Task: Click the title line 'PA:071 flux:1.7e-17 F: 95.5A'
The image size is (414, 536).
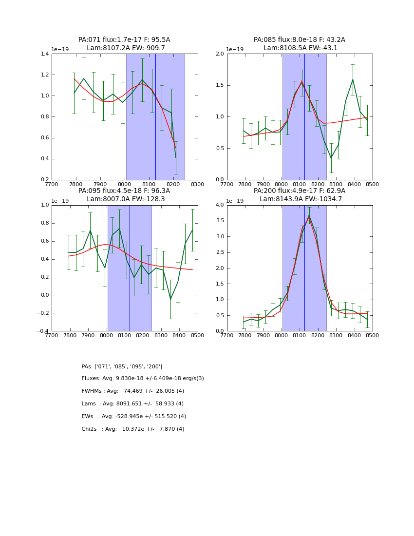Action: tap(124, 40)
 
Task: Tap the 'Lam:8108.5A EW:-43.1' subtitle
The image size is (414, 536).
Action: tap(300, 48)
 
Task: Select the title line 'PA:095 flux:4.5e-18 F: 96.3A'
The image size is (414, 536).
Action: tap(124, 191)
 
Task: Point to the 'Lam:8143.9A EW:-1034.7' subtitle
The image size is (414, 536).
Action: tap(300, 199)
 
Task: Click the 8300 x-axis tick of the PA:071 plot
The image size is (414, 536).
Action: tap(197, 184)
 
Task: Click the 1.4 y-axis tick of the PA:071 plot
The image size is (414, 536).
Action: tap(44, 54)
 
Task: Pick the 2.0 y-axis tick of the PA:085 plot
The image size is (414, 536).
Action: tap(219, 54)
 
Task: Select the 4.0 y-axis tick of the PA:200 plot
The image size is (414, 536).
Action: tap(219, 205)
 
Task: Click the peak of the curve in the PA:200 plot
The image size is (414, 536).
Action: tap(309, 215)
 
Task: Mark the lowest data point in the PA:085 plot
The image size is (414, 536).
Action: tap(331, 158)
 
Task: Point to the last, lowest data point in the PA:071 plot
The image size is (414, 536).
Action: tap(176, 157)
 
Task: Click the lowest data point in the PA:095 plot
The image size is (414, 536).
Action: tap(170, 299)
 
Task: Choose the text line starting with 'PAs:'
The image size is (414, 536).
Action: tap(122, 366)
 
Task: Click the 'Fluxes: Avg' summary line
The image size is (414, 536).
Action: tap(143, 379)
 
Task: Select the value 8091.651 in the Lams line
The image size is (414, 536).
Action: tap(136, 404)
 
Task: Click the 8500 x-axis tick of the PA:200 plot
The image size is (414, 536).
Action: tap(373, 335)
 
